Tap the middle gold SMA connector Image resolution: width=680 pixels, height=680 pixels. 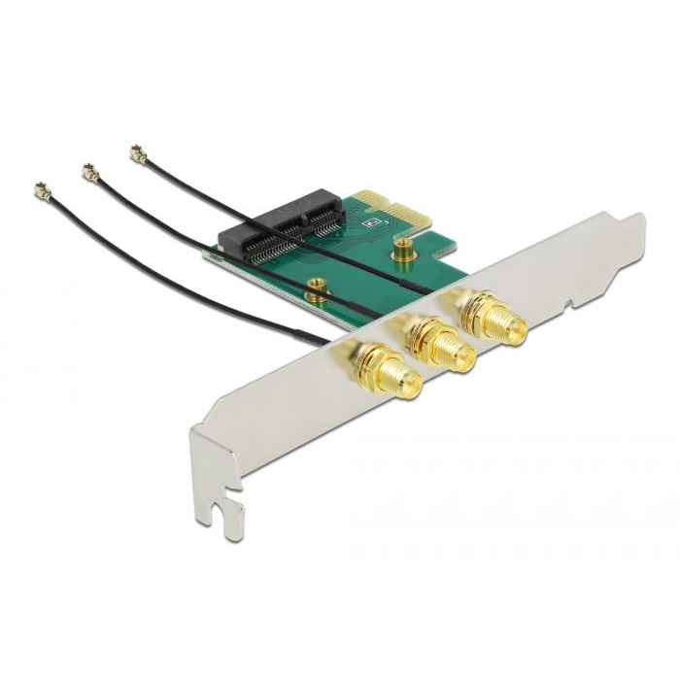tap(441, 344)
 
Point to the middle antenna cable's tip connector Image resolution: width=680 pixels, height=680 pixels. tap(90, 173)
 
